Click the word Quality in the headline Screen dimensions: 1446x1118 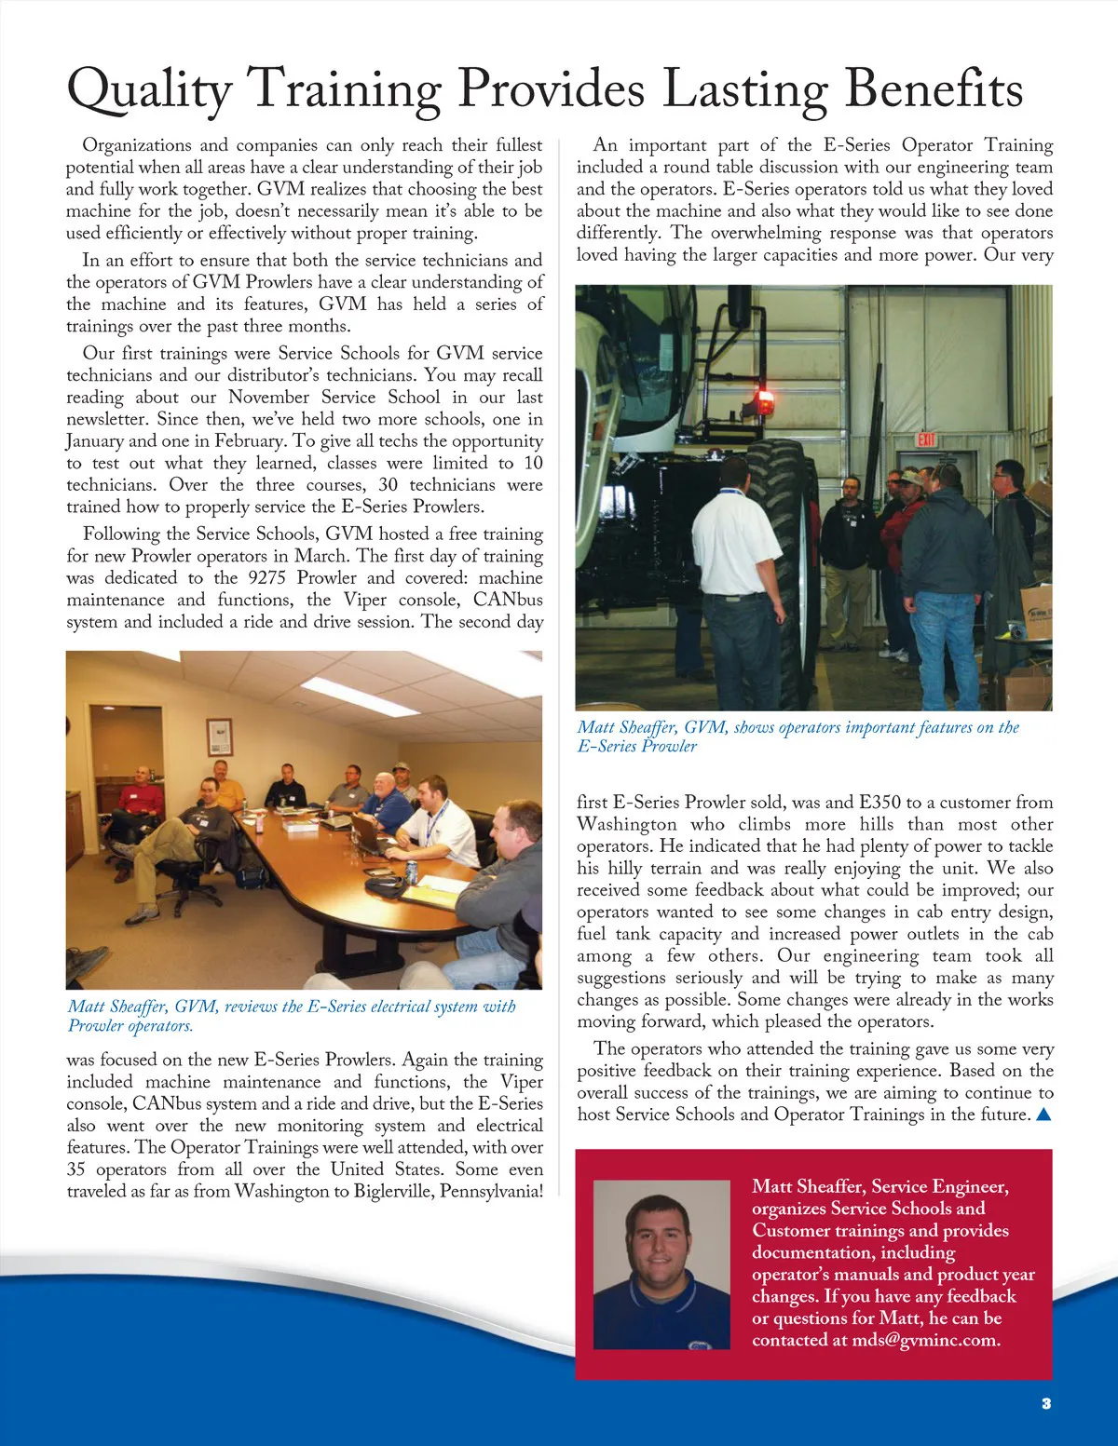(149, 91)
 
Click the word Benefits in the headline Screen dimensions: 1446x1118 (934, 89)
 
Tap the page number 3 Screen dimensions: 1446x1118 (1046, 1403)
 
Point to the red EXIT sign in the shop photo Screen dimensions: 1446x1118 (926, 439)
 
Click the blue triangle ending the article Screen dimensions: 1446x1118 (1043, 1115)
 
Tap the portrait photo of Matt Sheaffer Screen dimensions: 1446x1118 (661, 1264)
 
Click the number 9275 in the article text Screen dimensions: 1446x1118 (266, 578)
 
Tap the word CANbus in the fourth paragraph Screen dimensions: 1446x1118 (508, 601)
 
